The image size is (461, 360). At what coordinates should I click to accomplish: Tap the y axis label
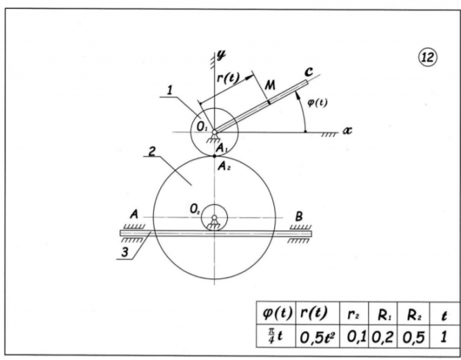pyautogui.click(x=223, y=53)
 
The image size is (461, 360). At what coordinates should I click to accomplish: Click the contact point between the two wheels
pyautogui.click(x=215, y=156)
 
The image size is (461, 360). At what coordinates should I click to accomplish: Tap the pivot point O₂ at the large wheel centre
pyautogui.click(x=215, y=219)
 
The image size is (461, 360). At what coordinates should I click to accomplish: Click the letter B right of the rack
pyautogui.click(x=299, y=216)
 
